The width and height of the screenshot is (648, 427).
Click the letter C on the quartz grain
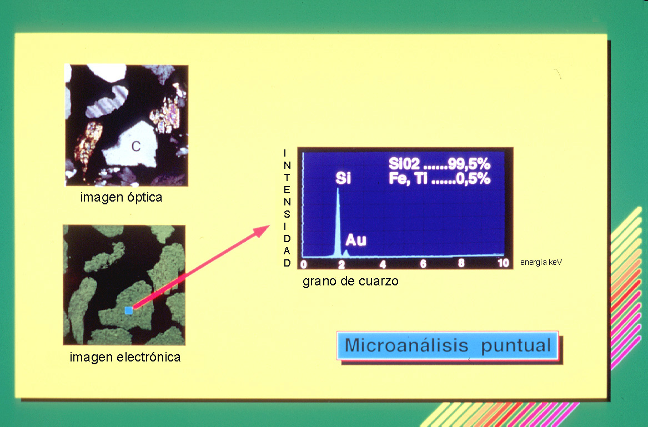[x=136, y=147]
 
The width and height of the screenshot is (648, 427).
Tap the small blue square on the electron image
[x=129, y=310]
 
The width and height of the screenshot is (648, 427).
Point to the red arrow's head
[x=261, y=230]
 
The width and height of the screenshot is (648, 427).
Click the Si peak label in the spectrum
[x=343, y=178]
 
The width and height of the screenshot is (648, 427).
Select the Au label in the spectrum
[x=356, y=240]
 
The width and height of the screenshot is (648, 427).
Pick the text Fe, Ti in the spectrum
[x=408, y=179]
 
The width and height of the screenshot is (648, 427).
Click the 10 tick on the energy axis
[x=503, y=263]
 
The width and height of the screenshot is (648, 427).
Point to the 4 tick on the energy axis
[x=383, y=264]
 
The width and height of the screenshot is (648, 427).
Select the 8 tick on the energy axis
[x=461, y=263]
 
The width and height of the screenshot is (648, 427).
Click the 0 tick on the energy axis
[x=304, y=264]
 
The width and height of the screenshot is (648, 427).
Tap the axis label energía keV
[x=541, y=262]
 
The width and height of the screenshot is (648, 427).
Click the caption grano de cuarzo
[x=350, y=281]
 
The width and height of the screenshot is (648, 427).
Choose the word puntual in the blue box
[x=516, y=345]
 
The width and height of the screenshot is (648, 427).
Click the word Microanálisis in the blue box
[x=406, y=345]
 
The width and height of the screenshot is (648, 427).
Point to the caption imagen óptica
[x=121, y=197]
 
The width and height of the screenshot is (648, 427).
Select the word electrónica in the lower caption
[x=149, y=356]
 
